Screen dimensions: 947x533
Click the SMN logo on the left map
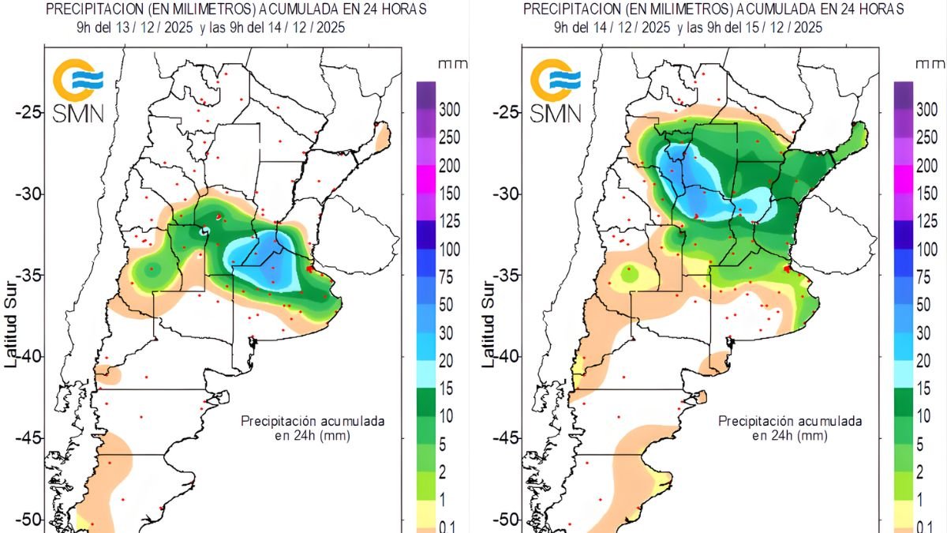(78, 91)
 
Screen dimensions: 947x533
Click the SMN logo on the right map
(556, 91)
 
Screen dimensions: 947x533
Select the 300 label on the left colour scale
(449, 110)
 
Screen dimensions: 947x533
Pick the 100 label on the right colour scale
(927, 250)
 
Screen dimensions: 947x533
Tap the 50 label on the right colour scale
(924, 305)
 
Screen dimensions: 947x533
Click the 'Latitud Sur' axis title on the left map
(10, 325)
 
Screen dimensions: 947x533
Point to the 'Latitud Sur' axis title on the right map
(488, 325)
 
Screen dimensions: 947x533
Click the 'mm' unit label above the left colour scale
(453, 64)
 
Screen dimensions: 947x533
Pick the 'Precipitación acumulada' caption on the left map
(313, 422)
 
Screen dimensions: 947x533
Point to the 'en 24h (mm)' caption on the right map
(790, 435)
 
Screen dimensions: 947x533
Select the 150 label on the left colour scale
(449, 193)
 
